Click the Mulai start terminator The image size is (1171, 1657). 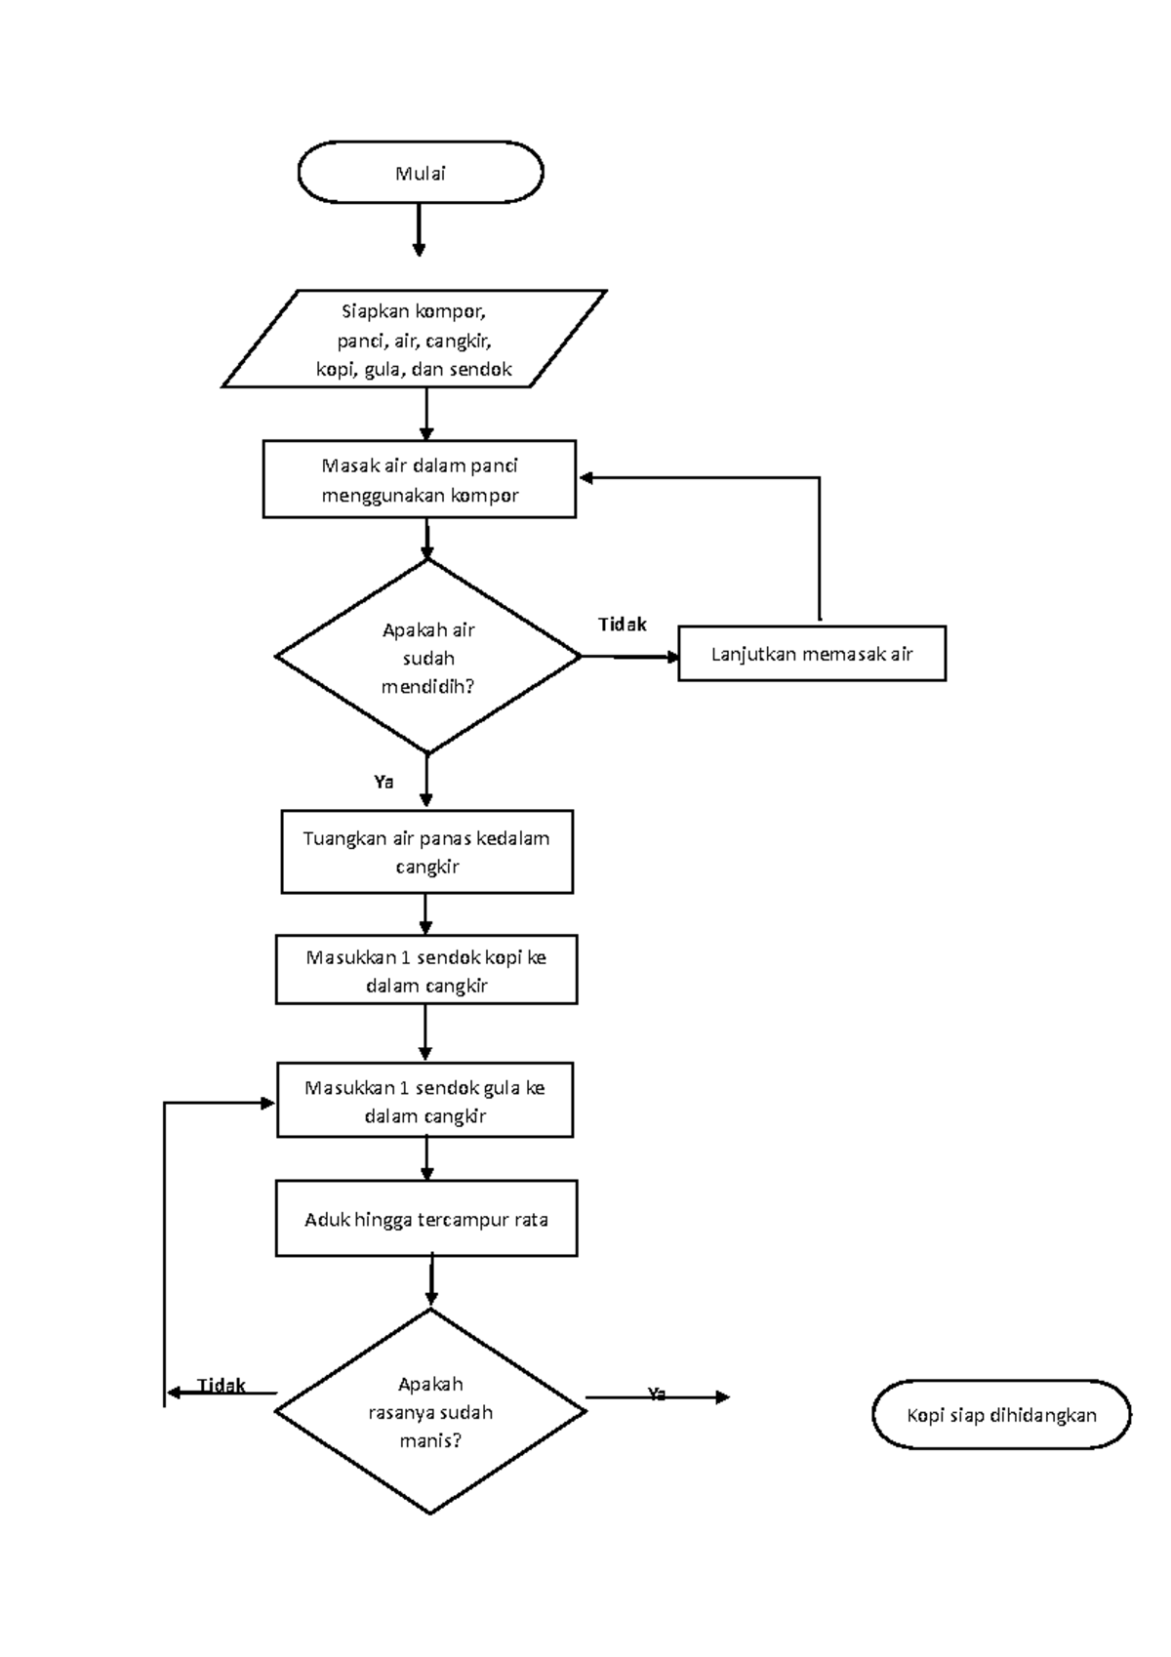(x=420, y=172)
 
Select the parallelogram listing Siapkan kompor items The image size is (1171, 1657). (x=414, y=340)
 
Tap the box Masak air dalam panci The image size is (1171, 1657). (x=419, y=479)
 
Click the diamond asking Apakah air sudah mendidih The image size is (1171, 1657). (x=427, y=657)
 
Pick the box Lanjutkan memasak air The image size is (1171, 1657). (x=811, y=653)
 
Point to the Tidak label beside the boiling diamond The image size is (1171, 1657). (x=622, y=625)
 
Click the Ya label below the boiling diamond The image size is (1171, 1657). (x=384, y=782)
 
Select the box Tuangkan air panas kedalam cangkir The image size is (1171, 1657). (x=426, y=851)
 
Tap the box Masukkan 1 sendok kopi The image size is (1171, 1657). (x=425, y=970)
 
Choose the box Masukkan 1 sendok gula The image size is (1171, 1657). (x=424, y=1101)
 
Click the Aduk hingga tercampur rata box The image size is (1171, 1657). (x=425, y=1219)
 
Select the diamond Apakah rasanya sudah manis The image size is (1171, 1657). (x=429, y=1411)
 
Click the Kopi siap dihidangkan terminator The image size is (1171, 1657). (x=1001, y=1415)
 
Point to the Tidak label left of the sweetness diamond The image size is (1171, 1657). (x=222, y=1386)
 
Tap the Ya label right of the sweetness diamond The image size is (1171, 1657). (x=657, y=1394)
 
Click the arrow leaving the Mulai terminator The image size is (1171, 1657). (x=419, y=229)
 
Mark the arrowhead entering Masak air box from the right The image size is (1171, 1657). (x=586, y=478)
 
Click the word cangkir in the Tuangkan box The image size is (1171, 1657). (x=426, y=867)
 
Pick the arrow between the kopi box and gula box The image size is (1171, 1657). (x=425, y=1032)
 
